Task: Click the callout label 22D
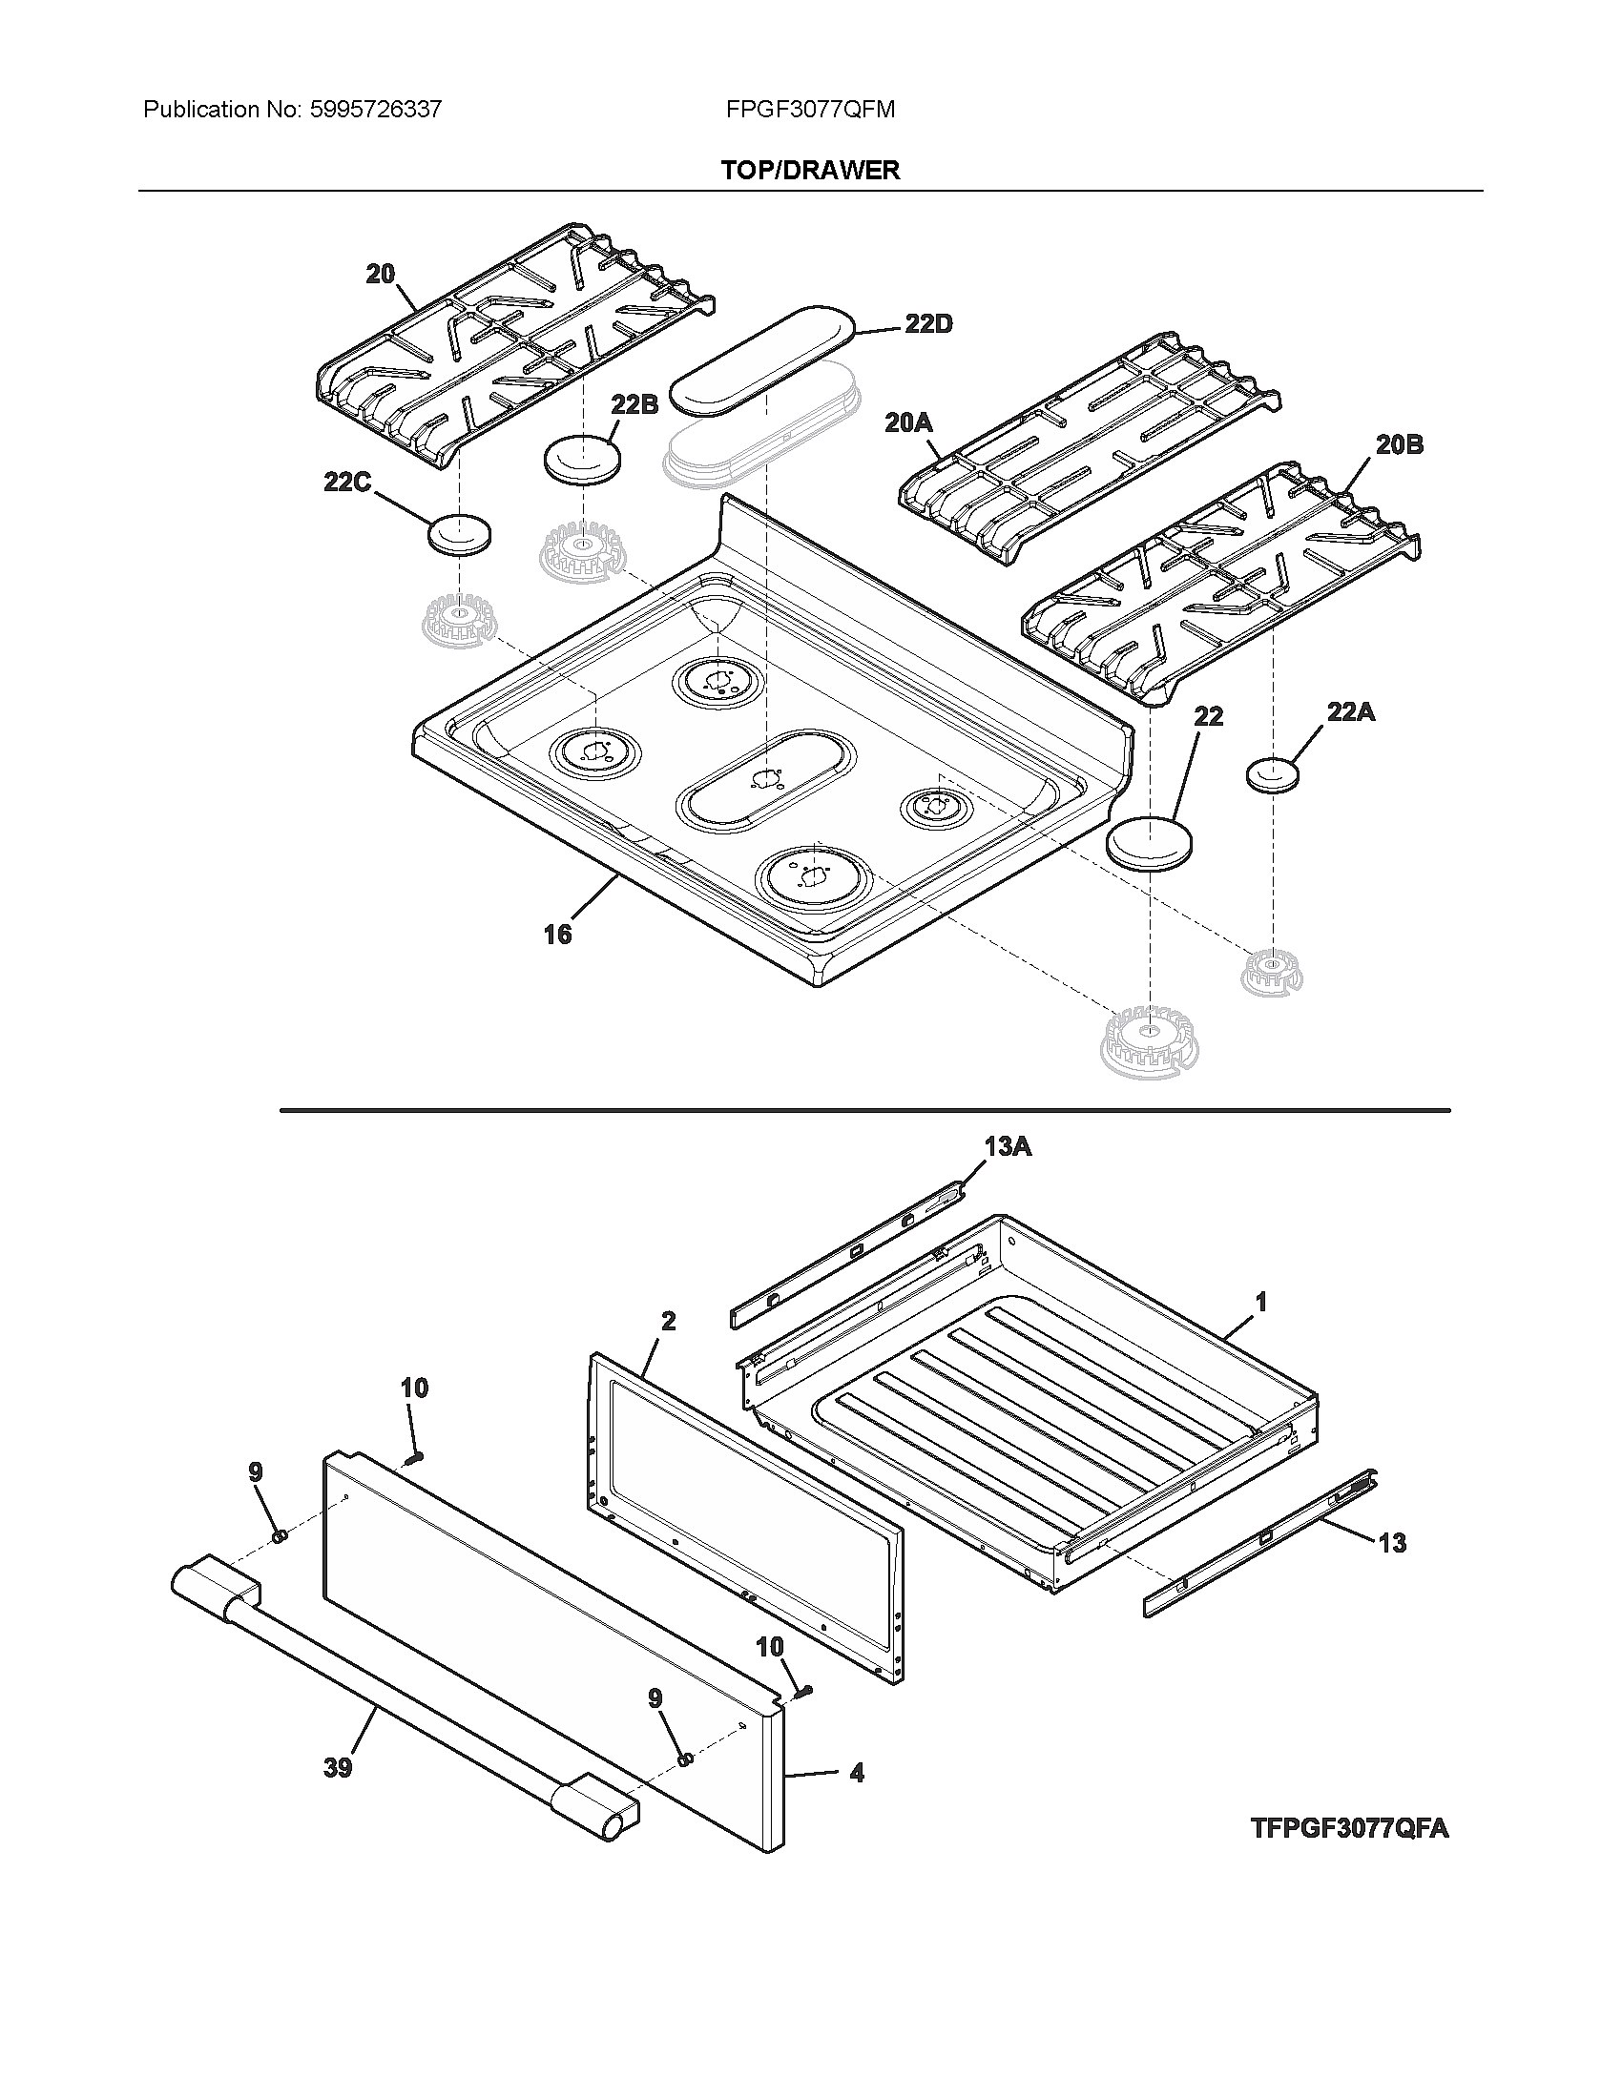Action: [x=927, y=324]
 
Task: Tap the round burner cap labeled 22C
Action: [x=458, y=534]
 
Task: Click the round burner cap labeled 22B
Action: [x=582, y=458]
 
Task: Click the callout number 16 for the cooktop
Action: [x=557, y=934]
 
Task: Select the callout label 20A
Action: [x=909, y=422]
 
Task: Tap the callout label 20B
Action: [x=1398, y=444]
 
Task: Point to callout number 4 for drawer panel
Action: [x=856, y=1773]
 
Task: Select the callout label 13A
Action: [x=1007, y=1146]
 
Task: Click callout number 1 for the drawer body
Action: [x=1260, y=1303]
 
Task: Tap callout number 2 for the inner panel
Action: [x=668, y=1321]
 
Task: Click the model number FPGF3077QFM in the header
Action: [x=810, y=110]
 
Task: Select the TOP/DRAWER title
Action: [x=810, y=170]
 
